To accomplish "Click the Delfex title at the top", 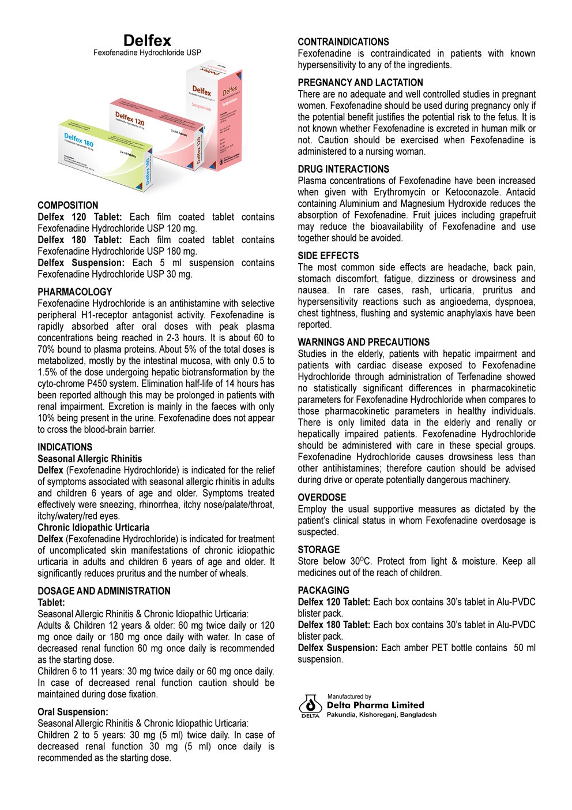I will tap(147, 40).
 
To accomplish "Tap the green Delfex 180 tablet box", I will tap(104, 153).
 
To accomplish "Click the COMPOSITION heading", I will tap(68, 206).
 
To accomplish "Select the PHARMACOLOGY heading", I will tap(75, 292).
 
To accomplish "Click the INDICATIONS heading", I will tap(65, 447).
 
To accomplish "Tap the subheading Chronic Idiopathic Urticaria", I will tap(93, 528).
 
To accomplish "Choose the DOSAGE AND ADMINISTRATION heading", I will tap(104, 591).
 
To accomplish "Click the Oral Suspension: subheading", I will tap(73, 712).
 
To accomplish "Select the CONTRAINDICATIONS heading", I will tap(343, 42).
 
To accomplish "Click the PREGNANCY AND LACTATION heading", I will tap(360, 83).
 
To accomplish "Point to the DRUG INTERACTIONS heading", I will tap(343, 169).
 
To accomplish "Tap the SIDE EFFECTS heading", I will tap(328, 256).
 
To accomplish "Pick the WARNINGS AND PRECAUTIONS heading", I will tap(363, 342).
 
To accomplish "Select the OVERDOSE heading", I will tap(322, 498).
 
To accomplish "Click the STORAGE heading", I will tap(319, 550).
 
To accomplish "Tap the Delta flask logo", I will tap(310, 706).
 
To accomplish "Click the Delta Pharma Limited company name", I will tap(375, 705).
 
